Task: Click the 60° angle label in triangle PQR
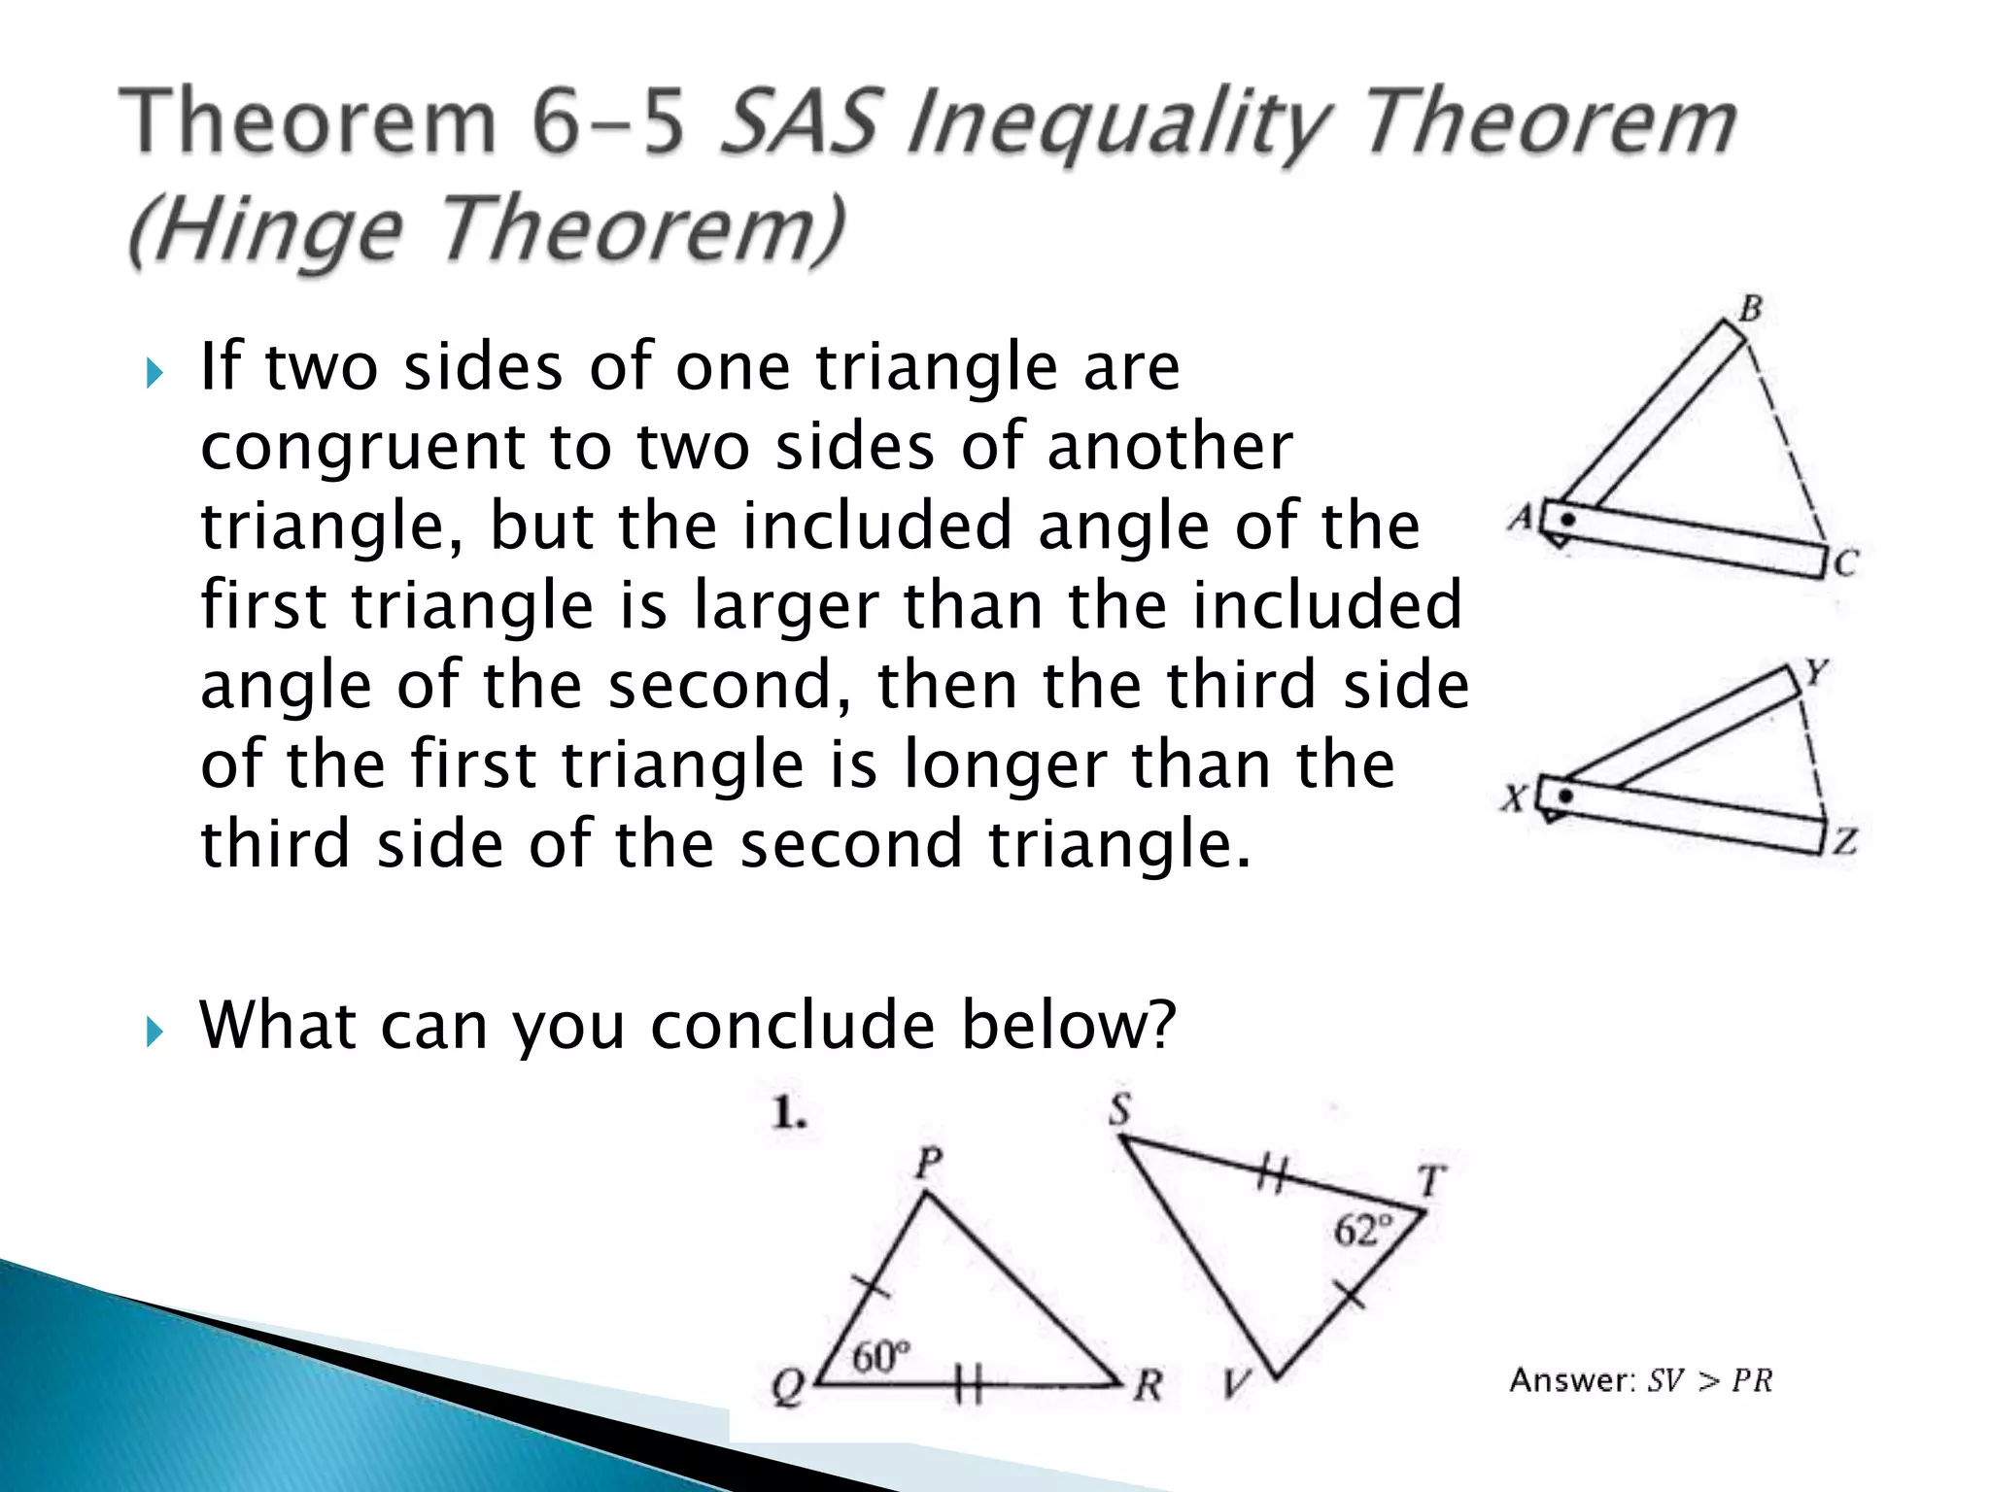(881, 1356)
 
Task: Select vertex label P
(929, 1162)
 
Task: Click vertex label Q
(788, 1387)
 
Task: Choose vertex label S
(1120, 1109)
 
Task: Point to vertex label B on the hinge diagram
(1750, 309)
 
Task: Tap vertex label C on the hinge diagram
(1844, 563)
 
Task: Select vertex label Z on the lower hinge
(1844, 840)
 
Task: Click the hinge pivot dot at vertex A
(1566, 520)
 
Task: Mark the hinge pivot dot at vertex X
(1564, 797)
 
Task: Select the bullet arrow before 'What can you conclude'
(154, 1032)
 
